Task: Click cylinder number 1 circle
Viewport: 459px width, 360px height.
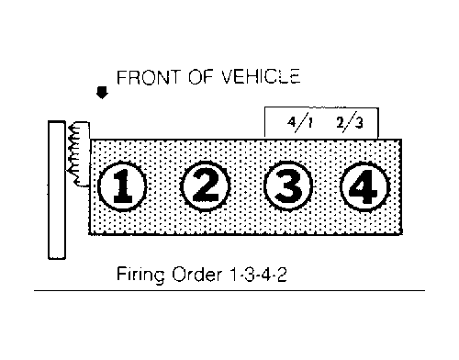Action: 122,186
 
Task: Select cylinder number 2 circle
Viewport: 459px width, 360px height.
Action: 206,186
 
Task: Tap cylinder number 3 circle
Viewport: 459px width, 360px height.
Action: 288,186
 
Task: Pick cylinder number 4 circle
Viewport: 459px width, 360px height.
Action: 365,186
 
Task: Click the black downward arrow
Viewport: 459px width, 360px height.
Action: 102,93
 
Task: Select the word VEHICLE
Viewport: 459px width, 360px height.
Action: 261,76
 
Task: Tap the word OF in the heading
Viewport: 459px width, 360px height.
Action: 200,77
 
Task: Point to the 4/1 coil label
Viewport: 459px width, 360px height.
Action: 300,123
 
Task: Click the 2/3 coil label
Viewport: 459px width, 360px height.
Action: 350,122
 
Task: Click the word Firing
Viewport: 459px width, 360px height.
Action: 140,276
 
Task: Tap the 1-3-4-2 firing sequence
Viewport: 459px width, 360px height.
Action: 258,275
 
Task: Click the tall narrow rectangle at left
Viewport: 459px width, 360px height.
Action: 57,190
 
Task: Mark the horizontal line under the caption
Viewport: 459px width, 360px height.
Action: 229,290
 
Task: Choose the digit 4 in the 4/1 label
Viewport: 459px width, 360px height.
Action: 292,122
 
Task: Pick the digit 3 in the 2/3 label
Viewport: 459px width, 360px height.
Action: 358,123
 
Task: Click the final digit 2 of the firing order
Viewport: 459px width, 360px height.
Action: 282,275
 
